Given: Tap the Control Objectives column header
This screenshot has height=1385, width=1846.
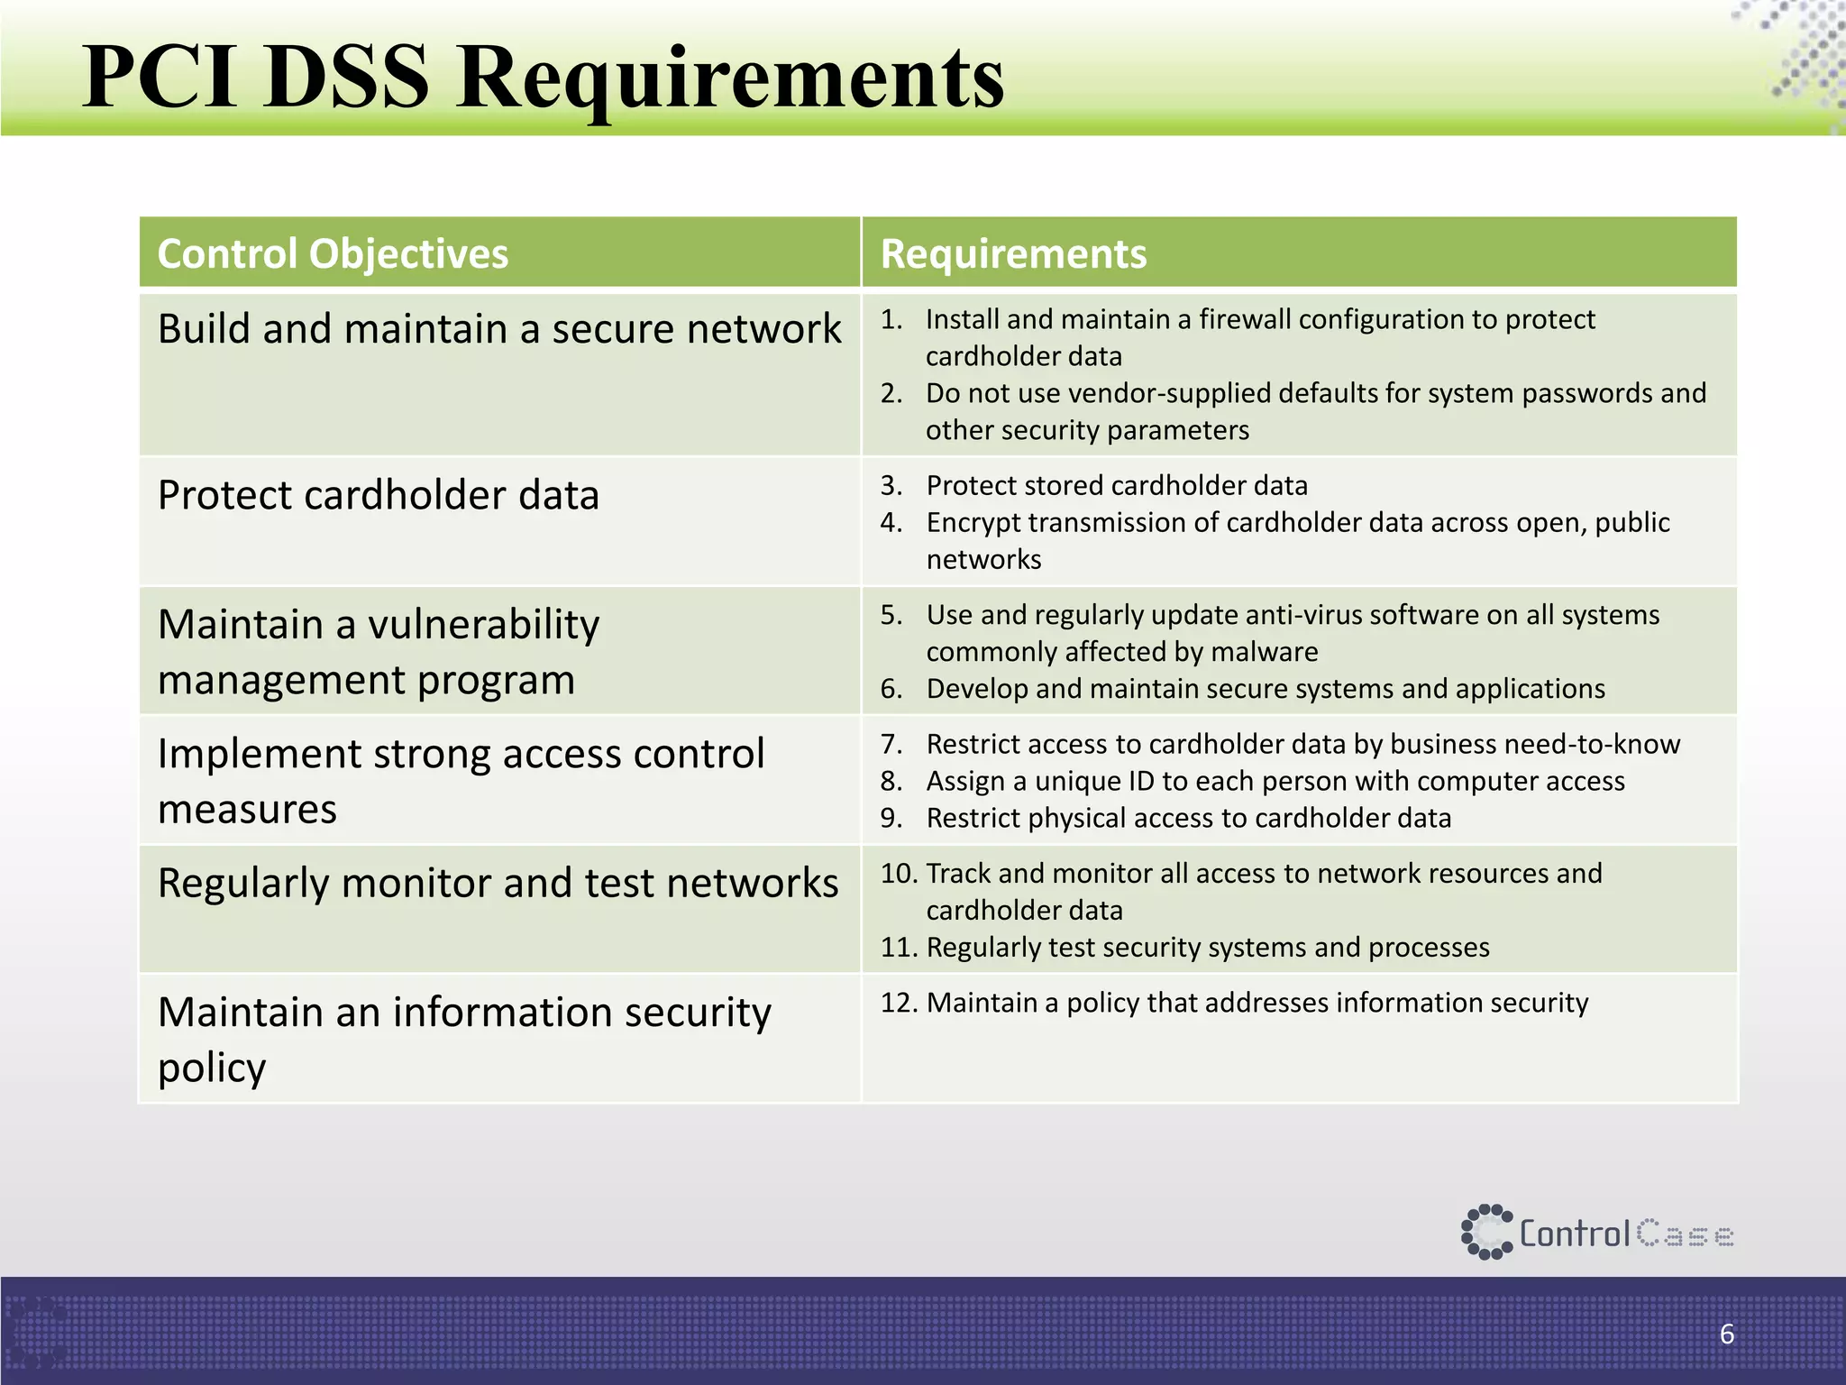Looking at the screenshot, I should (333, 254).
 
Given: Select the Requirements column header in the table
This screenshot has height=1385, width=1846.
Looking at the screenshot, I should (1013, 254).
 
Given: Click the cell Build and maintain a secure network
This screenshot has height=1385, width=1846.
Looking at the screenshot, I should (498, 329).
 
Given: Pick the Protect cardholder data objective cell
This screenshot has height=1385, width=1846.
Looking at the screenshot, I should (378, 495).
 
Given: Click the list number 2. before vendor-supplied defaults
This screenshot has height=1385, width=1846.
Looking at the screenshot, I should (891, 393).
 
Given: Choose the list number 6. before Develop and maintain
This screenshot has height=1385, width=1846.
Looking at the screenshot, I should (891, 689).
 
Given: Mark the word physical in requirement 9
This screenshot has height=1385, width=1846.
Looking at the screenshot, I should (1083, 818).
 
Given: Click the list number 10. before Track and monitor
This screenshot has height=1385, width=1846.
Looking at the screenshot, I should (899, 874).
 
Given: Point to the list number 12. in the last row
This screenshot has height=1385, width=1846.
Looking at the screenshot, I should (899, 1003).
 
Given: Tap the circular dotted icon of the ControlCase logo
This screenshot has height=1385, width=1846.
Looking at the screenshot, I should (1485, 1232).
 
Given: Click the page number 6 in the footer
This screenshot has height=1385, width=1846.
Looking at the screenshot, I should (1726, 1334).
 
